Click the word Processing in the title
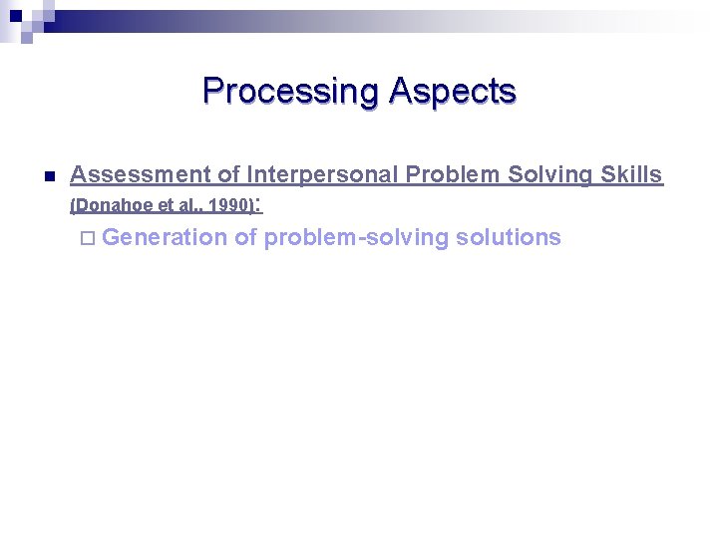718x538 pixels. [x=290, y=92]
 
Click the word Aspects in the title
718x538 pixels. [x=453, y=92]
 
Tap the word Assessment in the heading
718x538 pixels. [x=141, y=175]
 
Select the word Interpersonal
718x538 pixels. [x=322, y=175]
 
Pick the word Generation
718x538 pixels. [x=164, y=237]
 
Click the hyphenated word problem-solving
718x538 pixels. [x=356, y=237]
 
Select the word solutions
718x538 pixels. [x=508, y=237]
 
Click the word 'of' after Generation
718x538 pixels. [x=245, y=237]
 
